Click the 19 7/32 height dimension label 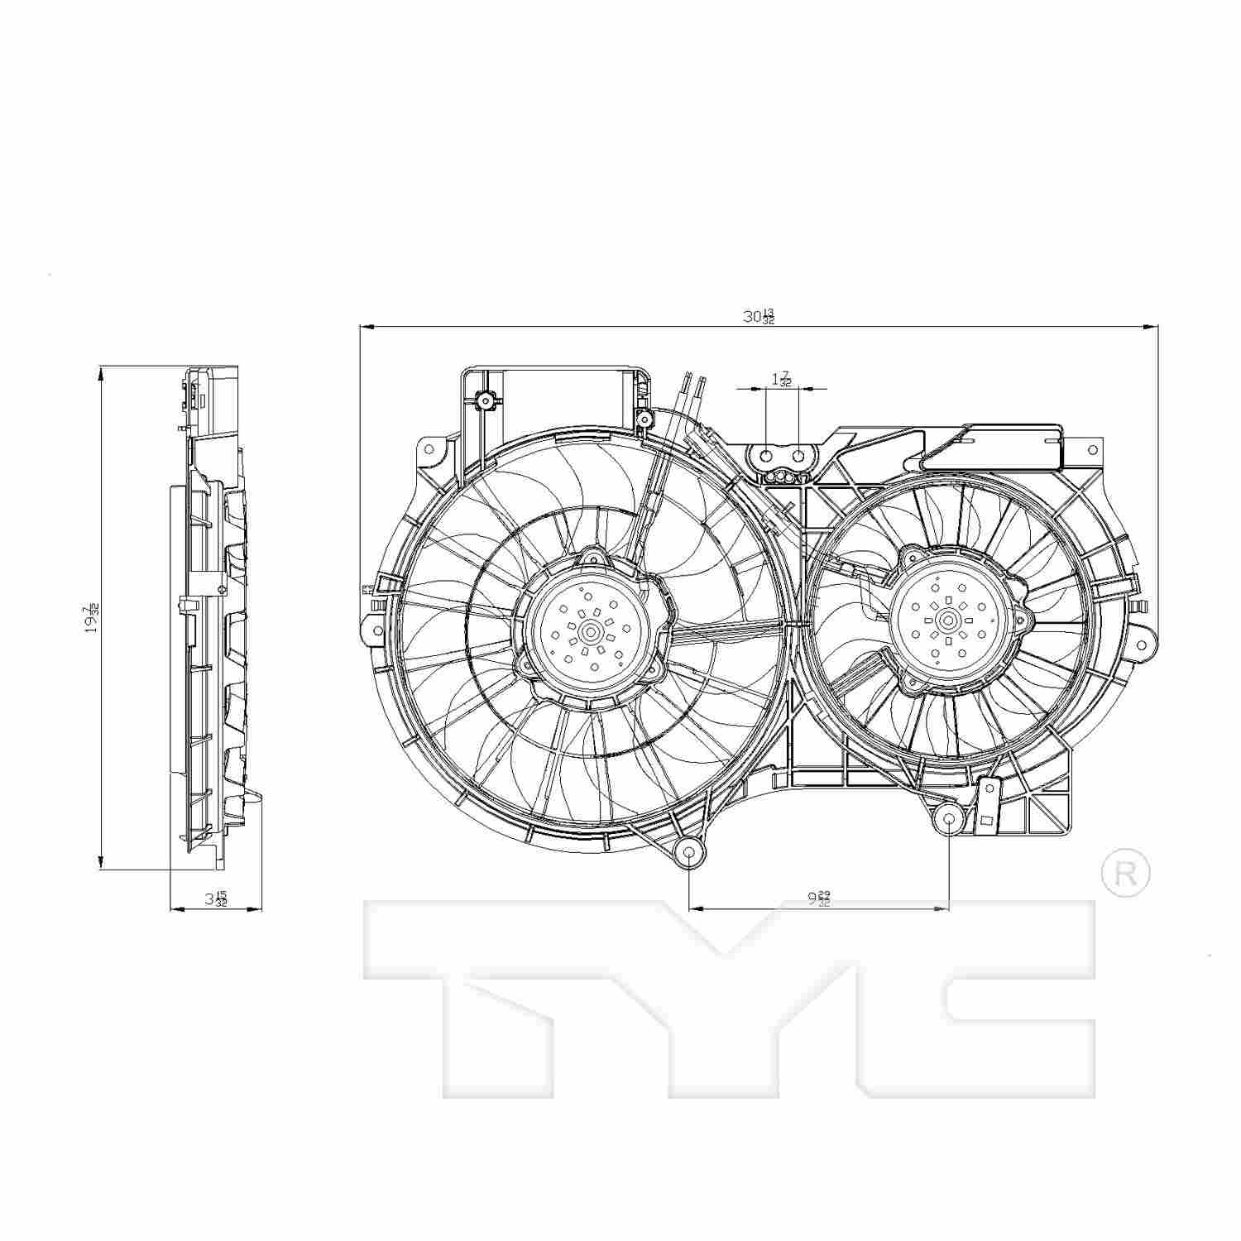[92, 619]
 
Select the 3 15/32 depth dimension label [216, 898]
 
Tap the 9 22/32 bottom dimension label [818, 898]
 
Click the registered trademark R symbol [1126, 873]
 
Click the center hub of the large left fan [591, 632]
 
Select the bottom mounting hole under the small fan [949, 821]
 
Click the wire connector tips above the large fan [694, 382]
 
